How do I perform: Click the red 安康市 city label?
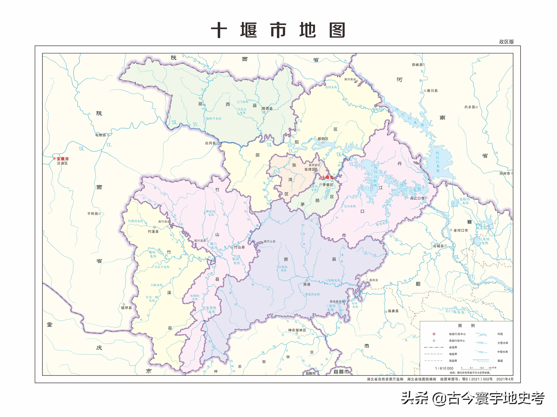coord(62,159)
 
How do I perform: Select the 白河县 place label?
coord(210,143)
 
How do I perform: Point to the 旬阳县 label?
coord(101,135)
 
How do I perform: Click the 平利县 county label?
coord(92,213)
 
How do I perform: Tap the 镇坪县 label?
coord(126,308)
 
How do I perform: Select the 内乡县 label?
coord(470,107)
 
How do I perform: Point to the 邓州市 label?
coord(505,173)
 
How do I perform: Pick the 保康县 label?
coord(393,311)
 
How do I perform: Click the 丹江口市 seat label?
coord(417,198)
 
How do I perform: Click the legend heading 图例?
coord(466,326)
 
